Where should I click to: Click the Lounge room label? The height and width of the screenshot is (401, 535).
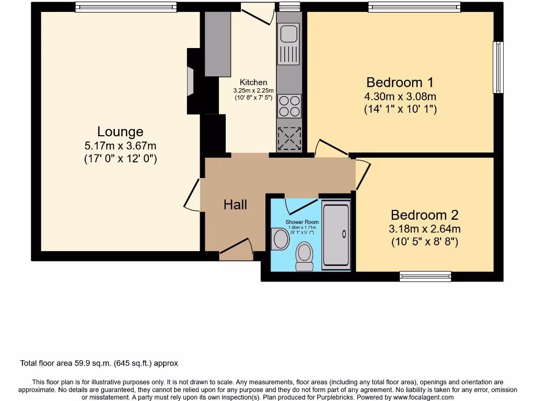coord(120,132)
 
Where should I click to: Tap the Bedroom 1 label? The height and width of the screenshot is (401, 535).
coord(400,82)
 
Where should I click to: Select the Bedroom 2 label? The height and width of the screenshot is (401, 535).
coord(424,215)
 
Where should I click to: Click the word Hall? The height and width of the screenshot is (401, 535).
coord(235,205)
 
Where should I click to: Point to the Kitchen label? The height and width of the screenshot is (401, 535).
coord(253,82)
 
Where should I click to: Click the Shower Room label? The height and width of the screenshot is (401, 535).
coord(302,222)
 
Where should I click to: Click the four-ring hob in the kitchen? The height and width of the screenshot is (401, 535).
coord(289,106)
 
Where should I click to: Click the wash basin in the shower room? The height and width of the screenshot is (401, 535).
coord(281,239)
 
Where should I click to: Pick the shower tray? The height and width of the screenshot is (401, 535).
coord(335,235)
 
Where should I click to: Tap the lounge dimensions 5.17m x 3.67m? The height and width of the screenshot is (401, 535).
coord(120,146)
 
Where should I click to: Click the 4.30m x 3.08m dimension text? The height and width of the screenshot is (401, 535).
coord(400,97)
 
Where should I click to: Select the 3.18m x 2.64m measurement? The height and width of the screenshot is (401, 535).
coord(424,229)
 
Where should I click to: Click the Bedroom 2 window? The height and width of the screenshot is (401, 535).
coord(425,276)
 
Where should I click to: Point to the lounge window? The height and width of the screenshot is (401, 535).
coord(125,7)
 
